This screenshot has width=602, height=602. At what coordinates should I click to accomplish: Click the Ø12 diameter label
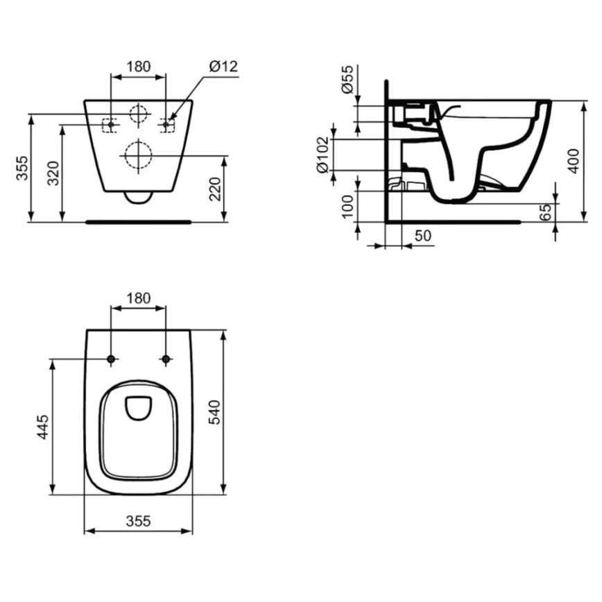[x=223, y=67]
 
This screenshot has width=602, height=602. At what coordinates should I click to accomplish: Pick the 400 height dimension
[x=574, y=160]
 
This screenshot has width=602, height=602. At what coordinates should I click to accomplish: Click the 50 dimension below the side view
[x=422, y=236]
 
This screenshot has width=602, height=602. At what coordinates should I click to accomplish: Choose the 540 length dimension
[x=214, y=413]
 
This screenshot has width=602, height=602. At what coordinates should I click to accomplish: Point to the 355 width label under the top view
[x=138, y=521]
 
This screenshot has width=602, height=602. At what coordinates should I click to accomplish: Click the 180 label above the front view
[x=138, y=67]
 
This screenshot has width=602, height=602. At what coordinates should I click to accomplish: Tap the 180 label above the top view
[x=138, y=298]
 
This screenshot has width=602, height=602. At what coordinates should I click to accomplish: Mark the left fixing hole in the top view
[x=111, y=359]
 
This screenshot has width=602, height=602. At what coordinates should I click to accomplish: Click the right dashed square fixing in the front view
[x=166, y=125]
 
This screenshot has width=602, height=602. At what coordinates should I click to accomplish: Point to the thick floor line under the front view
[x=138, y=223]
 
